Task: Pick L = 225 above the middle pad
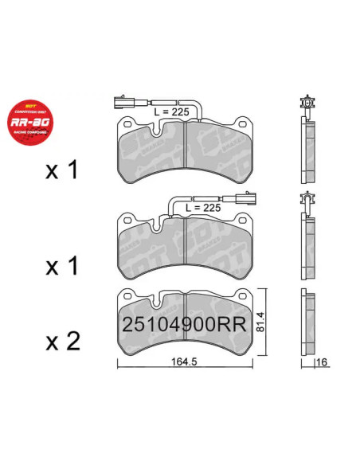click(203, 207)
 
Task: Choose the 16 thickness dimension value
click(322, 363)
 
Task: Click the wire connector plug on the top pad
click(120, 103)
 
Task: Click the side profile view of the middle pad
click(307, 247)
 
